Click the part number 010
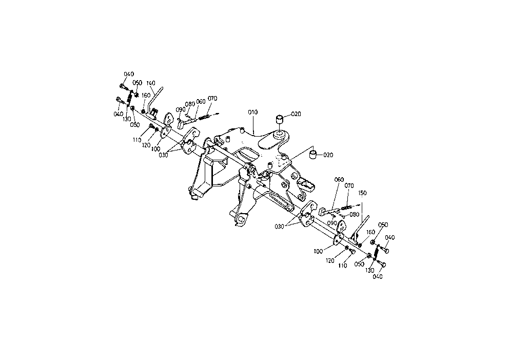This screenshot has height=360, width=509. [252, 112]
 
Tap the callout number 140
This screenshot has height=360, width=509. [151, 83]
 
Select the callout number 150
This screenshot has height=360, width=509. [362, 193]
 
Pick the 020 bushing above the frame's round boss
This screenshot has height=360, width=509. [280, 119]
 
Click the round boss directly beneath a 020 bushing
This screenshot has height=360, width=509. [279, 134]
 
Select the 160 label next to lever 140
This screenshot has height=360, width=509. [146, 96]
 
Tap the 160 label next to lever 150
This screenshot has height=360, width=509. [370, 232]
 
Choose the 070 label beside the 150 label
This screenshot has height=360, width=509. [349, 186]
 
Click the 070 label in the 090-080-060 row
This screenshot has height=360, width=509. [212, 99]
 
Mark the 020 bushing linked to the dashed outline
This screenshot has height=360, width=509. [314, 155]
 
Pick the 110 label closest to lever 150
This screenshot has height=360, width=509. [342, 266]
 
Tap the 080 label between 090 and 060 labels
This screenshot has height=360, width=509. [190, 104]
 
